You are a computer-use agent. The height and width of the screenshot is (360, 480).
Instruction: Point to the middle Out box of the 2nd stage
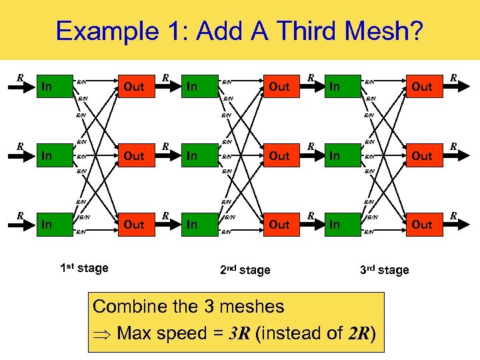[279, 155]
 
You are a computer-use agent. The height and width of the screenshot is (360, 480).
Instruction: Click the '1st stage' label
[84, 268]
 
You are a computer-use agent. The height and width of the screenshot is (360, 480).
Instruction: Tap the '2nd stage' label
[245, 270]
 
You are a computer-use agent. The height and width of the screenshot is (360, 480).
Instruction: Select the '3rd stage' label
[384, 270]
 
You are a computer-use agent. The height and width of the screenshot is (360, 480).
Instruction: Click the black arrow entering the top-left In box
[27, 85]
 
